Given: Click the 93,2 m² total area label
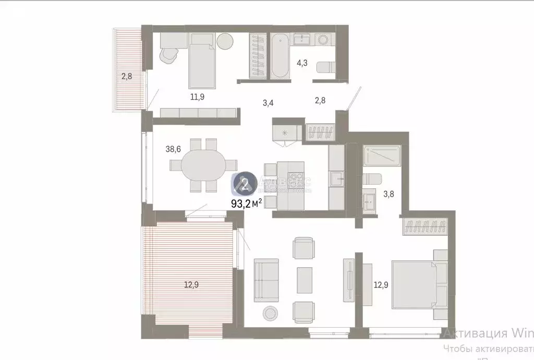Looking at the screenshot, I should (x=247, y=203).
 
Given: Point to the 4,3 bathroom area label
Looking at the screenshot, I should (x=302, y=63).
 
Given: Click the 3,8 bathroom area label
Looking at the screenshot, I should (x=389, y=195).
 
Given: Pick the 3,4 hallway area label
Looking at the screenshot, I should (x=268, y=102).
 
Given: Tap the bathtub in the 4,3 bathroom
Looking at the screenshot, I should (x=279, y=56).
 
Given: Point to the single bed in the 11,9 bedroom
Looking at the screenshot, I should (x=202, y=60).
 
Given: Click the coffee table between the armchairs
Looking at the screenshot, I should (x=305, y=280).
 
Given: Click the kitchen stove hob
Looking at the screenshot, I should (x=295, y=179).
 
